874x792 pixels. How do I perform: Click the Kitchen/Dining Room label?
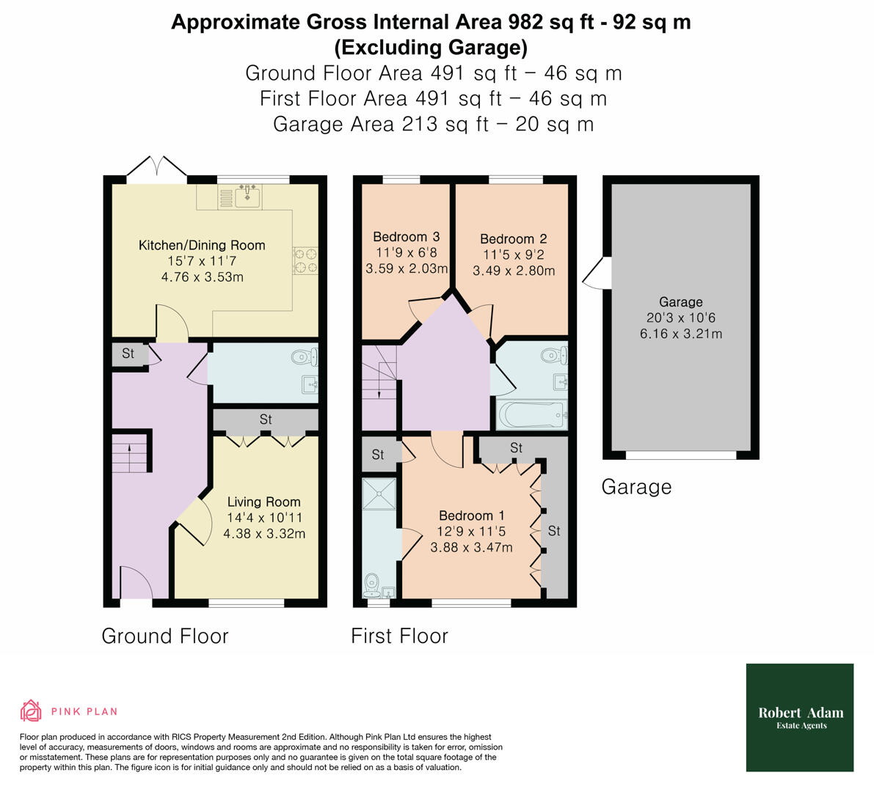pos(202,245)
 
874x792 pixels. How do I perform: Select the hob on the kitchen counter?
pos(305,261)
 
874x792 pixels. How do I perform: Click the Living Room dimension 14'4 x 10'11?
pos(264,518)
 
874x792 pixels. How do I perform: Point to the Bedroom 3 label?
pos(406,237)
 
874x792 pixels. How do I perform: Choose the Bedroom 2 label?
pos(513,239)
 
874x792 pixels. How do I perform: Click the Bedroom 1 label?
pos(471,516)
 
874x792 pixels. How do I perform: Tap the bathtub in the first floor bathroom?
pos(531,416)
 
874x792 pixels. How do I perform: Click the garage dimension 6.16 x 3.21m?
pos(680,334)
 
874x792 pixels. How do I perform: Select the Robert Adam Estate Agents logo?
pos(800,717)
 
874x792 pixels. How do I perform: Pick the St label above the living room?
pos(266,420)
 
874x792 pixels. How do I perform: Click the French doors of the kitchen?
pos(156,169)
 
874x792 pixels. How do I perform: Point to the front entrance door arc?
pos(136,583)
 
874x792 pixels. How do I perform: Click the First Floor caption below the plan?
pos(399,636)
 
